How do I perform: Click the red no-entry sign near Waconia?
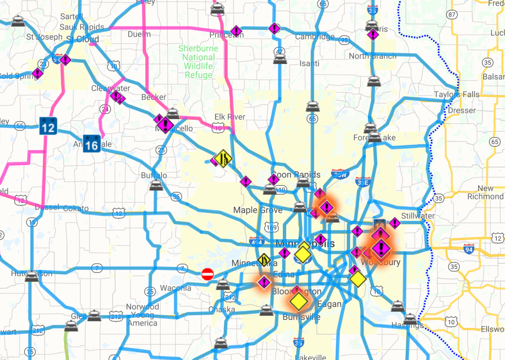(x=207, y=274)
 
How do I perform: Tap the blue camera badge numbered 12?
(x=48, y=126)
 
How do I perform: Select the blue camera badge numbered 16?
(x=91, y=143)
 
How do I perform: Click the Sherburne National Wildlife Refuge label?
(x=198, y=62)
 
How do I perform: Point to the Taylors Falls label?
(x=457, y=94)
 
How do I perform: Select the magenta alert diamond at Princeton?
(x=236, y=31)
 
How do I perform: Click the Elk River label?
(x=230, y=116)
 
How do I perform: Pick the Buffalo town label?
(x=154, y=175)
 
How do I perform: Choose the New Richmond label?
(x=486, y=193)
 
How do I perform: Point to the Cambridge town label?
(x=314, y=37)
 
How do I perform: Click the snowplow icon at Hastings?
(x=410, y=318)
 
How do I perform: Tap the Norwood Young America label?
(x=142, y=315)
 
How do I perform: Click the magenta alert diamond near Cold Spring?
(x=38, y=74)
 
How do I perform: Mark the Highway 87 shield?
(x=452, y=15)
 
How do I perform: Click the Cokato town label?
(x=76, y=208)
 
